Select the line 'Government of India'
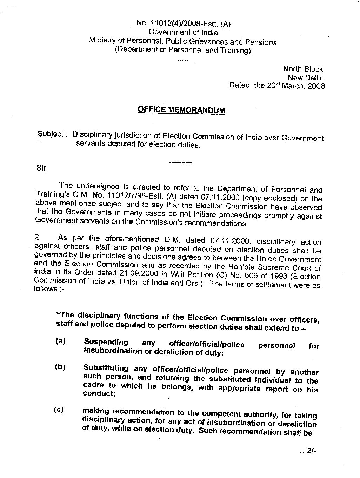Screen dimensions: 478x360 (x=183, y=33)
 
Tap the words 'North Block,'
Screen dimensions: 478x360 (x=304, y=69)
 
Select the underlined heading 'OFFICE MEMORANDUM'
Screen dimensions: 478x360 (x=181, y=109)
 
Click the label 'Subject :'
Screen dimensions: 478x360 (x=51, y=134)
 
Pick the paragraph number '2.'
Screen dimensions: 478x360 (x=39, y=238)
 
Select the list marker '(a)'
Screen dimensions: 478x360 (x=60, y=341)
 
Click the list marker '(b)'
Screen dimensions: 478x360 (x=60, y=367)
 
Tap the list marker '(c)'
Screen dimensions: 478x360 (x=59, y=410)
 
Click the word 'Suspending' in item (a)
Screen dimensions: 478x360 (x=106, y=342)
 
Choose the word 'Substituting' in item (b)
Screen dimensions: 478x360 (x=106, y=368)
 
